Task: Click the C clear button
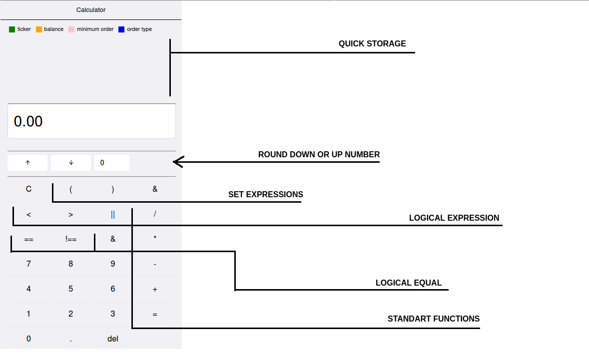coord(28,189)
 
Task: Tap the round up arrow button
coord(27,163)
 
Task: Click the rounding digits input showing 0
coord(111,163)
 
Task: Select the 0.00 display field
coord(91,121)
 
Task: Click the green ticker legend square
coord(12,29)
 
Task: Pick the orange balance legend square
coord(39,29)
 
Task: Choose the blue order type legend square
coord(121,29)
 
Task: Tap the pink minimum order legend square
coord(71,29)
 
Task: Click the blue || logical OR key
coord(113,214)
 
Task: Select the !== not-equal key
coord(71,239)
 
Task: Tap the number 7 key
coord(28,264)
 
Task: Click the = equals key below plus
coord(155,314)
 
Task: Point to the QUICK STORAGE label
coord(372,43)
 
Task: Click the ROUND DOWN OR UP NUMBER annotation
coord(319,154)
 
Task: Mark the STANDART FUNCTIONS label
coord(433,319)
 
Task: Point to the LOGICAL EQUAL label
coord(408,283)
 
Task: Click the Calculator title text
coord(91,10)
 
